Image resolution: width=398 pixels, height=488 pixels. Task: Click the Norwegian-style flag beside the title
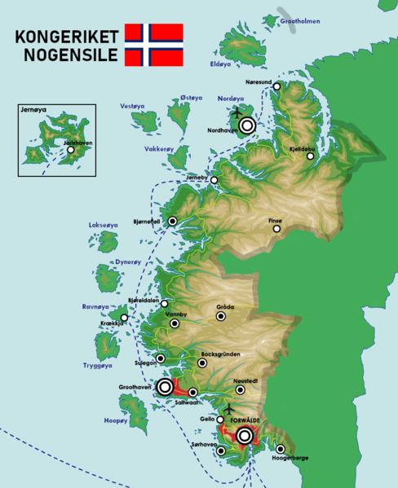(153, 45)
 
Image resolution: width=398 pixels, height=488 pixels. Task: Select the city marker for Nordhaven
(246, 125)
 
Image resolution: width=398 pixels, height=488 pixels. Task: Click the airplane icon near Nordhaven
(237, 112)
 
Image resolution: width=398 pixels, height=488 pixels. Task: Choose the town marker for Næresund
(277, 86)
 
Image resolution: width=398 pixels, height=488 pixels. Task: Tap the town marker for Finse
(277, 229)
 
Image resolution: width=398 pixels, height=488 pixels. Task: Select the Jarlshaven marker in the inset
(71, 150)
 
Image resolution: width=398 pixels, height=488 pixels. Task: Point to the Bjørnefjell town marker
(173, 221)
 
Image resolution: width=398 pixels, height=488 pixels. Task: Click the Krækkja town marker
(125, 318)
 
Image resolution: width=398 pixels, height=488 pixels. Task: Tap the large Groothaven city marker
(166, 387)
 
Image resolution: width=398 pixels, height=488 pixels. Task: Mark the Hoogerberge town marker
(281, 449)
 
